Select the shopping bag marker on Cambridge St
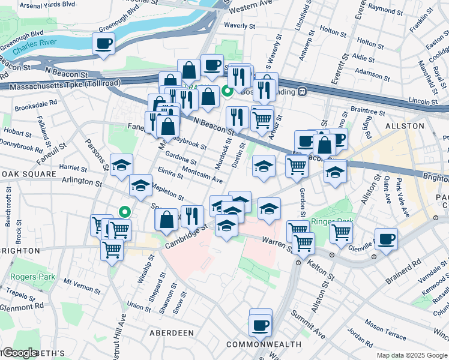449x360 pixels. click(x=166, y=220)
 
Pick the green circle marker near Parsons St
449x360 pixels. click(x=124, y=211)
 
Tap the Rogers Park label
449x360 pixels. click(x=32, y=277)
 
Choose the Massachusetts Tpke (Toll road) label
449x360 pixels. click(x=61, y=85)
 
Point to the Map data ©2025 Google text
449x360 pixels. click(x=412, y=355)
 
